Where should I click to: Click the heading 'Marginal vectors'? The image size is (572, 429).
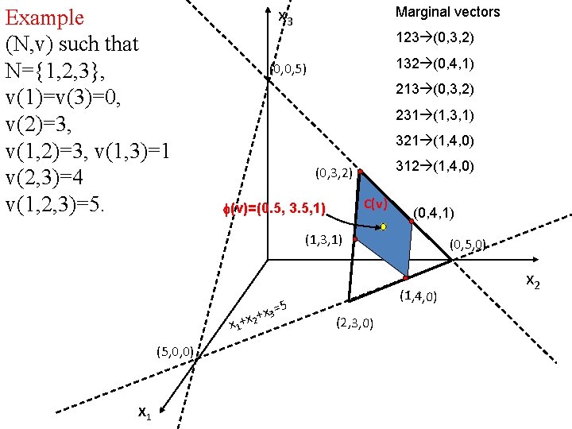448,12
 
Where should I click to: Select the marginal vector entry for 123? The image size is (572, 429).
435,37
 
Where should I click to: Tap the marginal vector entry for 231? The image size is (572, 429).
435,115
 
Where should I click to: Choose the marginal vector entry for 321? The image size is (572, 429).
435,141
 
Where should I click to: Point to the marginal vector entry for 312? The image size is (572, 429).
435,166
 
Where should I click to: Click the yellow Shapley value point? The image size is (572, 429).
383,227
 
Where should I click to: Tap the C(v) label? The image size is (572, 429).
375,204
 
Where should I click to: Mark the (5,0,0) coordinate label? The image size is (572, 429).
172,350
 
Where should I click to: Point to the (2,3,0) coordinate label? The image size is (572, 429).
354,322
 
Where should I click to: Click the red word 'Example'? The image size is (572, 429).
44,17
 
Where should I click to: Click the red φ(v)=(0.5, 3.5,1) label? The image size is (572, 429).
275,209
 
